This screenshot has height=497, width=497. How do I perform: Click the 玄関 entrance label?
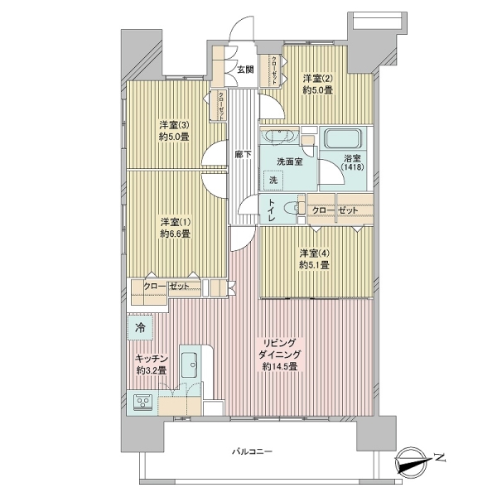(x=246, y=70)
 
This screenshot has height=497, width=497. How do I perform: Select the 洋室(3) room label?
(x=174, y=124)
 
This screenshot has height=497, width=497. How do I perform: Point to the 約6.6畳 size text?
(x=175, y=234)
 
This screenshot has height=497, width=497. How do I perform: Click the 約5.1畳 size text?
(x=315, y=265)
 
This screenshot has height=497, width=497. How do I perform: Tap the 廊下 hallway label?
(x=244, y=154)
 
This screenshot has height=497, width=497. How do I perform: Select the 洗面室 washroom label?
(x=290, y=162)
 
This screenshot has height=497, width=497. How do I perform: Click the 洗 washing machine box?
(x=273, y=180)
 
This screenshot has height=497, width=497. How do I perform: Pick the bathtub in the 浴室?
(x=343, y=138)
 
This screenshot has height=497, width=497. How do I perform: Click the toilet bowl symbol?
(x=292, y=208)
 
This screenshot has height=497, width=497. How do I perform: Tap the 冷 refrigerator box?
(x=141, y=327)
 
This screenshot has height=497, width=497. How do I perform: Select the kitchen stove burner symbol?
(x=142, y=403)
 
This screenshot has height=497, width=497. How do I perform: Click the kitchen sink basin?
(x=189, y=364)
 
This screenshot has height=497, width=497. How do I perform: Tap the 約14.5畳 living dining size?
(x=280, y=367)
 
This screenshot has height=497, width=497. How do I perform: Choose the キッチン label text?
(x=152, y=358)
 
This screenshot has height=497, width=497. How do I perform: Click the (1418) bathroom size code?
(x=352, y=166)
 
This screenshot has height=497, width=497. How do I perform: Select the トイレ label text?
(x=272, y=210)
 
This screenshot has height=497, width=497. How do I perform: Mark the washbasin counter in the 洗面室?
(x=279, y=136)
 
